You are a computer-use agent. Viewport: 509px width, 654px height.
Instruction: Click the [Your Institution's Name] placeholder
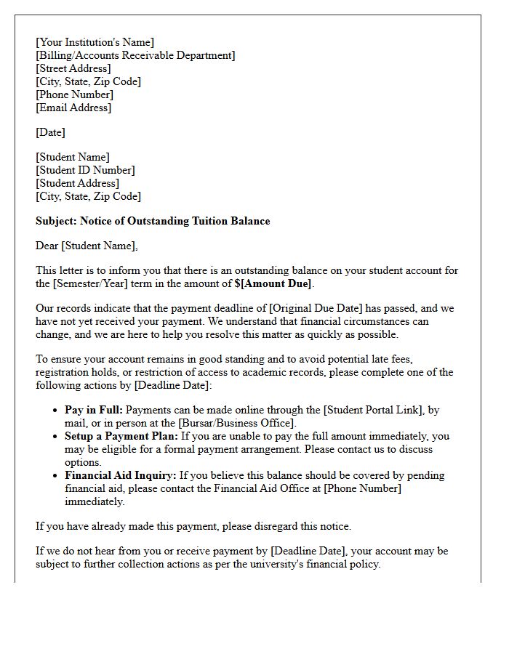[x=95, y=42]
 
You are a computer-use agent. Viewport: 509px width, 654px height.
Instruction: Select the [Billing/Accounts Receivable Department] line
[x=135, y=55]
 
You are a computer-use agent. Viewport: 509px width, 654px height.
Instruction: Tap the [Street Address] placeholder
[x=73, y=68]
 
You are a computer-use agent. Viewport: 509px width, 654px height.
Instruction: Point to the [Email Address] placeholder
[x=73, y=108]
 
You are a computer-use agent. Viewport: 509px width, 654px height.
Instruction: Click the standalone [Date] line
[x=50, y=132]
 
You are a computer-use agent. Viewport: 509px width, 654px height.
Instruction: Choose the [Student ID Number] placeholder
[x=85, y=170]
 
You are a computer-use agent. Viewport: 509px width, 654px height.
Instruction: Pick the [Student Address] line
[x=77, y=183]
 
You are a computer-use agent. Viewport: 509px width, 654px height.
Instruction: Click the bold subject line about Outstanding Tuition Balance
[x=153, y=221]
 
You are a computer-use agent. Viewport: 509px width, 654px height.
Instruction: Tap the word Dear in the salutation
[x=47, y=246]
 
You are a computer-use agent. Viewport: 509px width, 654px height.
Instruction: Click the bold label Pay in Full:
[x=94, y=410]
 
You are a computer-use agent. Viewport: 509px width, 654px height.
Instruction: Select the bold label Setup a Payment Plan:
[x=121, y=436]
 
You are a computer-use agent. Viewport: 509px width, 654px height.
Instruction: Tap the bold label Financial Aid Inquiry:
[x=120, y=475]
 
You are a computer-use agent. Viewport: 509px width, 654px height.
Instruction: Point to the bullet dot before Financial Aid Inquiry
[x=56, y=476]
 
